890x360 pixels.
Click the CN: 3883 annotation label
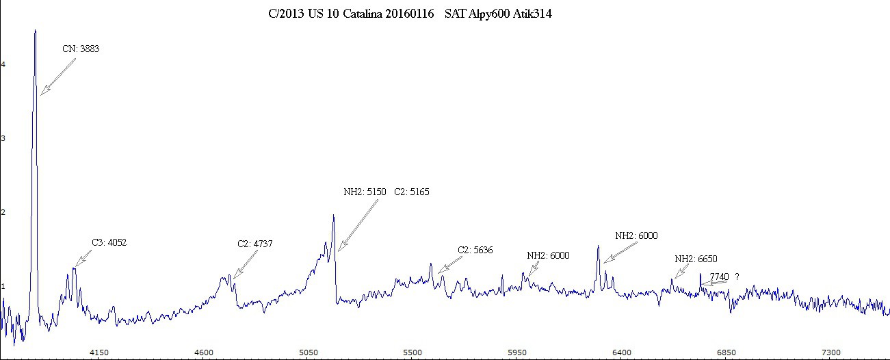(81, 49)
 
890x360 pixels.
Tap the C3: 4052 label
(109, 242)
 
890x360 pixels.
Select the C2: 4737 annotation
(255, 244)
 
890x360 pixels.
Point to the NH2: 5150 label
(365, 192)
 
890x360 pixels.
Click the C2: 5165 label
(411, 192)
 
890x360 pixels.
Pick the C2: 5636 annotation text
(475, 250)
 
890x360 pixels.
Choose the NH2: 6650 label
(696, 259)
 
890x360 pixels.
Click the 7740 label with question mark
(724, 277)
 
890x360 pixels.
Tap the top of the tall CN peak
(35, 31)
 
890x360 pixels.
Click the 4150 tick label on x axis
(100, 352)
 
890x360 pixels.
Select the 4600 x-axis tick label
(205, 352)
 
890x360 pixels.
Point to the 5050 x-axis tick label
(309, 352)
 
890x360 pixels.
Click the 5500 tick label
(413, 352)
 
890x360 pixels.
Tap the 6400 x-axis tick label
(621, 352)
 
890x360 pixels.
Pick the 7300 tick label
(830, 352)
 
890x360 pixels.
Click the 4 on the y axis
(3, 64)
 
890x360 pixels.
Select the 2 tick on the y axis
(3, 212)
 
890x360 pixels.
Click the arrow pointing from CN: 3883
(57, 76)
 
